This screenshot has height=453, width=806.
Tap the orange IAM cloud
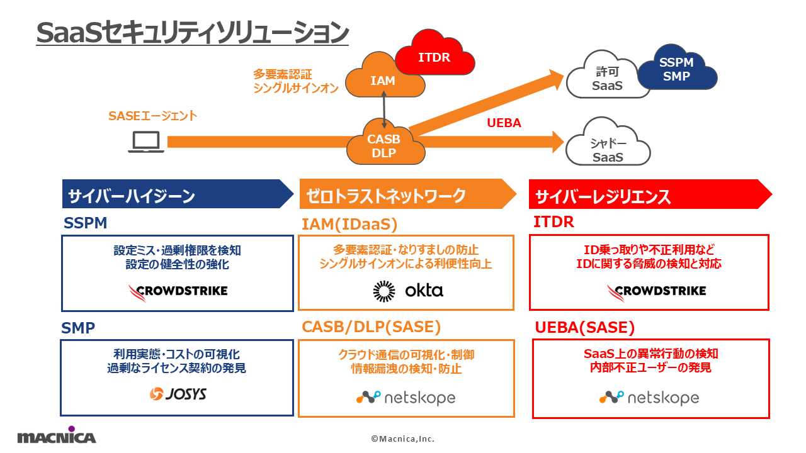[x=382, y=79]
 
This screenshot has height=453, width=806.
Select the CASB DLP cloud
[x=383, y=146]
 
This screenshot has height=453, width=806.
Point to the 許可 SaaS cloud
[x=607, y=79]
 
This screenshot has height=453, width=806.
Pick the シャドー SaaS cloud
[x=607, y=150]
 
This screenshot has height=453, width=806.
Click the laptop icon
[x=146, y=143]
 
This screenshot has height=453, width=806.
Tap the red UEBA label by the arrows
[x=504, y=123]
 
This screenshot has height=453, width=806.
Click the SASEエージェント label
[x=152, y=116]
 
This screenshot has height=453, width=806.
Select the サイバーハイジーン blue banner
[x=176, y=194]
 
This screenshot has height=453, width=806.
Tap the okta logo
[x=408, y=290]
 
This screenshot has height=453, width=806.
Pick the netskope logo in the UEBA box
[x=649, y=398]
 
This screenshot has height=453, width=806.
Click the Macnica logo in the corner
[x=57, y=435]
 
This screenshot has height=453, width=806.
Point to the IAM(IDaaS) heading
[x=349, y=223]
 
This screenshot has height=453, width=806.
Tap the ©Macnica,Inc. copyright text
[x=402, y=439]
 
